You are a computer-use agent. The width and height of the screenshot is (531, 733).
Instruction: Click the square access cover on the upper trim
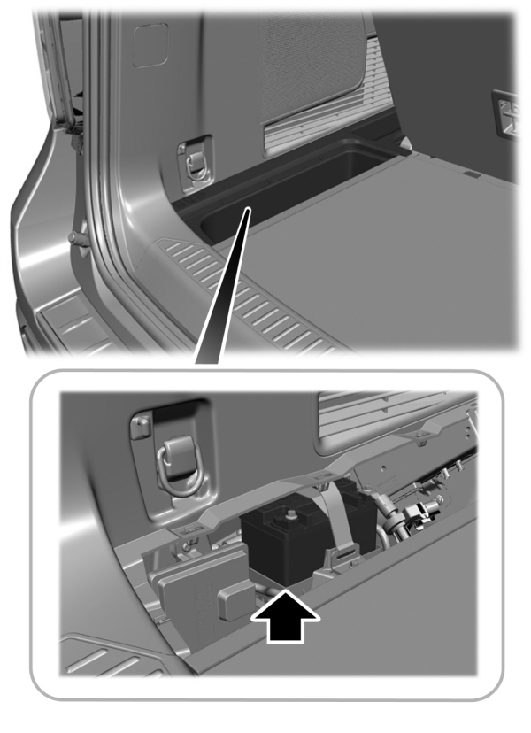[149, 45]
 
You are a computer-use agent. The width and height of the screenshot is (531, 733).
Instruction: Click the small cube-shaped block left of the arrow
[233, 602]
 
